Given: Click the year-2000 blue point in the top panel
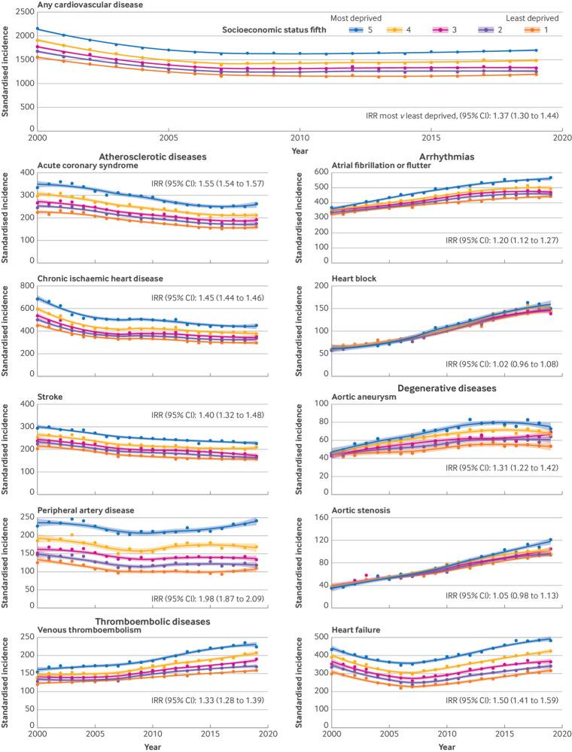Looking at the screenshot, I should coord(37,29).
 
